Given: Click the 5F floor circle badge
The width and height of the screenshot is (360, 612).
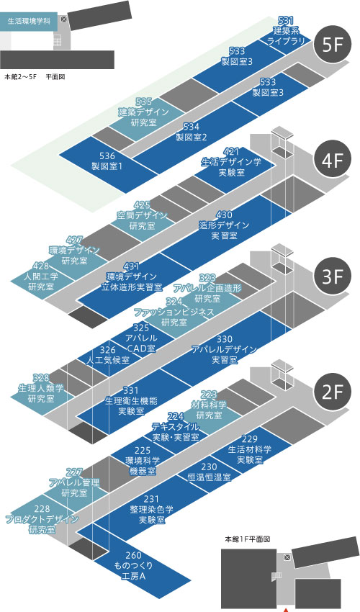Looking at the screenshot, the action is coord(333,45).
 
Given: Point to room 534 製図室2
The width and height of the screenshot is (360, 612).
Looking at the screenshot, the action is coord(191,132).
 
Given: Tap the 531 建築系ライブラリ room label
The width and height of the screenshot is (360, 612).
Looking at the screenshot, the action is coord(287,30).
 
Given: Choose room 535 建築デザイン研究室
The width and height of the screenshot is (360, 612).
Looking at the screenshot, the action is coord(144,112).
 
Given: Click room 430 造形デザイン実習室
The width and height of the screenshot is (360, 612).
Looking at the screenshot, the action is coord(224,225).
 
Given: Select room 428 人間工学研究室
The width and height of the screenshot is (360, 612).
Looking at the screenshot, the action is coord(41,276).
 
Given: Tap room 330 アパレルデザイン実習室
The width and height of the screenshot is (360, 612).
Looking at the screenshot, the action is coord(225,349).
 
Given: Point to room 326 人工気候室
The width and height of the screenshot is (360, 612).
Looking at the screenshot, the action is coord(108,355).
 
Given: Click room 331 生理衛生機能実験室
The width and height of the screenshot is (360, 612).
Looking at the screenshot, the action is coord(131,400).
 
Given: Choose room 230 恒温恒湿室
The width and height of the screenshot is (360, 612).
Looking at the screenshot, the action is coord(209,472).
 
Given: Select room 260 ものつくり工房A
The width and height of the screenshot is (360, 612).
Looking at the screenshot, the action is coord(133,565).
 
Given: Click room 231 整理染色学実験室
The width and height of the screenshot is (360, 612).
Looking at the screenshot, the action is coord(151,509).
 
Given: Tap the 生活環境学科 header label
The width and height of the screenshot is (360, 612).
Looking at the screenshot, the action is coord(29,22).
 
